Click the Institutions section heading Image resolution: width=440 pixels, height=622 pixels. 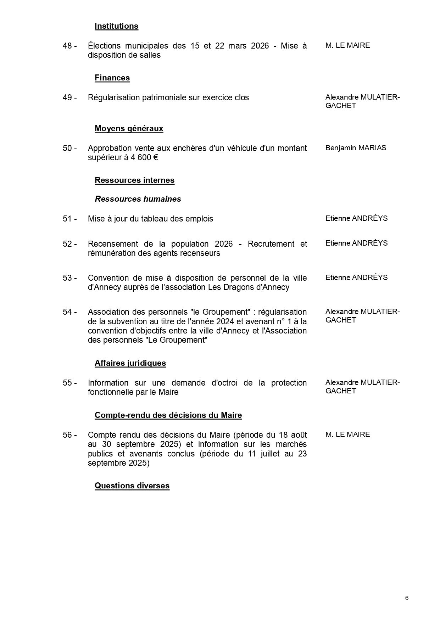click(x=116, y=26)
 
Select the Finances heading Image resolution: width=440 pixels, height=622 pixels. click(x=112, y=78)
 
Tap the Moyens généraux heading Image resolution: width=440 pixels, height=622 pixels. click(x=129, y=129)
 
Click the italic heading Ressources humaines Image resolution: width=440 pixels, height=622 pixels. click(x=138, y=199)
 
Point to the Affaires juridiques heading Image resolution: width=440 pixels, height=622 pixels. click(x=130, y=363)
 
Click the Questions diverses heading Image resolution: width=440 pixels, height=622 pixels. click(x=132, y=486)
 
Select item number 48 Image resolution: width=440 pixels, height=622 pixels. click(x=69, y=46)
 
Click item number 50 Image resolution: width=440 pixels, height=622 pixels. click(x=69, y=149)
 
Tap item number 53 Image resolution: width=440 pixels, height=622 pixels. click(x=69, y=278)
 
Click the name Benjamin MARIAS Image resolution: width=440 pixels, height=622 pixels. click(x=356, y=148)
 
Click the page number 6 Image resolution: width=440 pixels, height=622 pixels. click(x=407, y=598)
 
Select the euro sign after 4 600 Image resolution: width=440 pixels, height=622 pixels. click(x=155, y=158)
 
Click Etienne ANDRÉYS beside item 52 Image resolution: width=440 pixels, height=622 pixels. click(x=356, y=243)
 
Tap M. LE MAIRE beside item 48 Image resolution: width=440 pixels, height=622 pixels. click(x=347, y=46)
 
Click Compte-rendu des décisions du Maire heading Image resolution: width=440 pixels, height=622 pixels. click(x=168, y=415)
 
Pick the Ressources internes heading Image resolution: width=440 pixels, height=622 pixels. click(x=134, y=180)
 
